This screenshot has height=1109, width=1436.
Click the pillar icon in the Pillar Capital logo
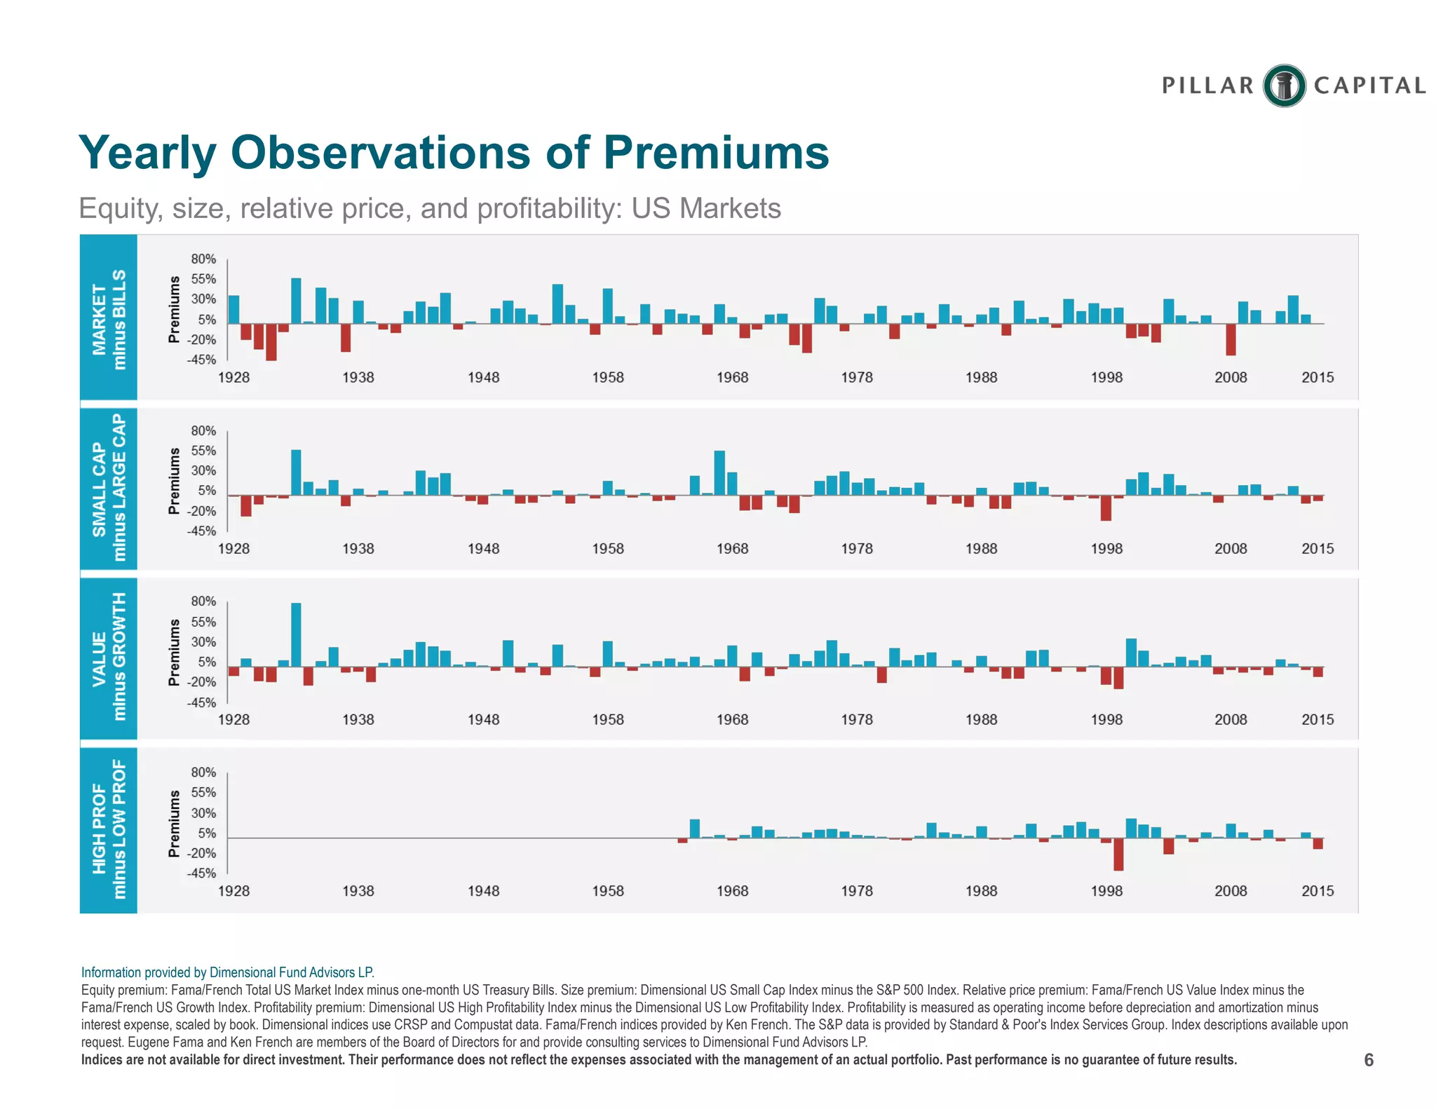coord(1284,86)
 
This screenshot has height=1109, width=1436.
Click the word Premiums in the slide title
coord(716,152)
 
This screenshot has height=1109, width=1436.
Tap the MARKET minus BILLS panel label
coord(109,319)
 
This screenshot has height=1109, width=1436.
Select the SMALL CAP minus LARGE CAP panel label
coord(109,488)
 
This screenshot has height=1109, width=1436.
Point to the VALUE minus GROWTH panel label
coord(109,657)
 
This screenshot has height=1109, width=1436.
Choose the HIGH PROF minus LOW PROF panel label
coord(109,829)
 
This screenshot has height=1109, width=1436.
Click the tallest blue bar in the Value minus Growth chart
coord(296,634)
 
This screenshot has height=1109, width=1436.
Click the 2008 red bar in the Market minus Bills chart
coord(1231,339)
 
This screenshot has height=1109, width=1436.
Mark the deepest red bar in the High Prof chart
coord(1118,855)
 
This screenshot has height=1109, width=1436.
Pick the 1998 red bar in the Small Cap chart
coord(1106,508)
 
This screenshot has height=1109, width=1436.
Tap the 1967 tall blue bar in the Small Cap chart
coord(719,473)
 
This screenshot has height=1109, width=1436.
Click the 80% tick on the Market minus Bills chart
coord(203,259)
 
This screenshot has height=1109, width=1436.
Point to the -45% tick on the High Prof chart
coord(201,873)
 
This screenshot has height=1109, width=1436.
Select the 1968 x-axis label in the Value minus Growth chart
coord(732,720)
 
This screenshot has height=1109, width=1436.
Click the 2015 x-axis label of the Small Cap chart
coord(1318,549)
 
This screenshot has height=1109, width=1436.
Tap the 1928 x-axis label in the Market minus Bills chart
coord(233,378)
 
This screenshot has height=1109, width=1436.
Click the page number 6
coord(1368,1060)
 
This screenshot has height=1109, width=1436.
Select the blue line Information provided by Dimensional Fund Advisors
coord(228,972)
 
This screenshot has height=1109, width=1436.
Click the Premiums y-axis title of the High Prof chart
coord(174,824)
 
